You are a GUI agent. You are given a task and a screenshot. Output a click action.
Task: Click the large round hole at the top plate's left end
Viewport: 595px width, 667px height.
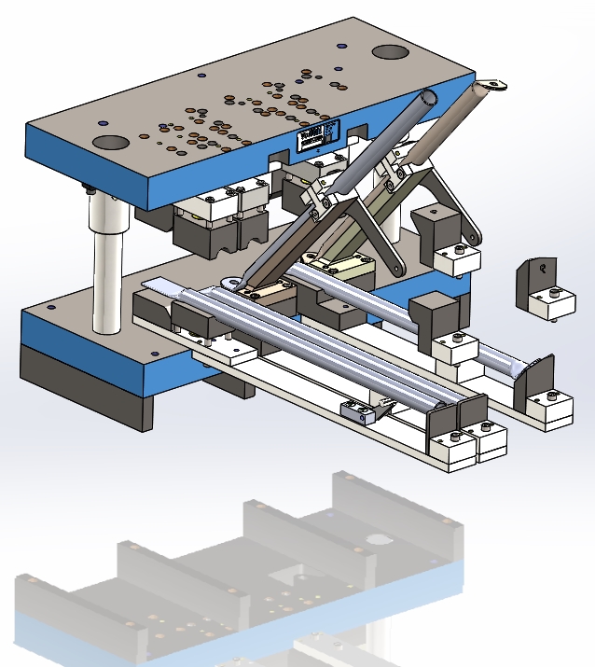point(110,143)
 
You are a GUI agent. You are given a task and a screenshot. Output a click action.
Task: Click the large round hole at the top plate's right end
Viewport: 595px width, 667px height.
point(391,52)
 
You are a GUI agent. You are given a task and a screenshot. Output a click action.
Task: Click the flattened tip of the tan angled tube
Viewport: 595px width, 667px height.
point(491,86)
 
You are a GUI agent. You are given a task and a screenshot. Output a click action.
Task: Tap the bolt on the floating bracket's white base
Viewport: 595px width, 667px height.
point(554,294)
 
